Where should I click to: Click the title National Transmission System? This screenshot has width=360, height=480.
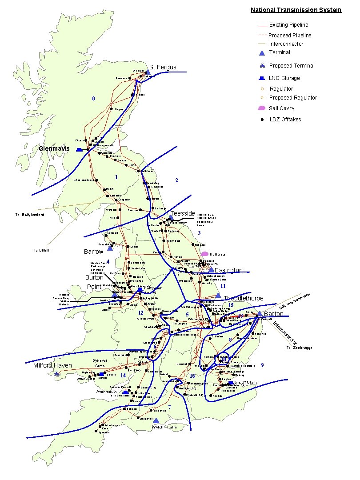tap(296, 10)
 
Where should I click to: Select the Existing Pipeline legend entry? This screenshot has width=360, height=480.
tap(288, 25)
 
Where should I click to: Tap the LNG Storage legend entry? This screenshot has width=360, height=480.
tap(284, 78)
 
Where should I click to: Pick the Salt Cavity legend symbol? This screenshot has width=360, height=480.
tap(262, 108)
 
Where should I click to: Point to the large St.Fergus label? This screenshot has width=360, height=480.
tap(163, 67)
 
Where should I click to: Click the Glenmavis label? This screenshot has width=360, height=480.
tap(54, 148)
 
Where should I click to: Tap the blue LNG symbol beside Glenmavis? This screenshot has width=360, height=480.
tap(80, 150)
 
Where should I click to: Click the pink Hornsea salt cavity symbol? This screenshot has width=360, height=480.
tap(204, 253)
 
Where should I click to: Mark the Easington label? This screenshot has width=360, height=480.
tap(228, 270)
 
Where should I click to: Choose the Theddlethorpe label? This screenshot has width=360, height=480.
tap(243, 298)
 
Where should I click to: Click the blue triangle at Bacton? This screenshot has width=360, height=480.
tap(259, 313)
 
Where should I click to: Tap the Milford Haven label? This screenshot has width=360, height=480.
tap(52, 365)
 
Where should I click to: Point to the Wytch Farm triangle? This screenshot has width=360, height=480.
tap(156, 420)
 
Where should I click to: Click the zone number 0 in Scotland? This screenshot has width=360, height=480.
tap(93, 98)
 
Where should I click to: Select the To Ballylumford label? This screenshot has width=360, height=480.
tap(30, 215)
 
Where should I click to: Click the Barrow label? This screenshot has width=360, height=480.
tap(93, 252)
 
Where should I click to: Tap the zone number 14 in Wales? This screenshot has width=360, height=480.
tap(123, 376)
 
